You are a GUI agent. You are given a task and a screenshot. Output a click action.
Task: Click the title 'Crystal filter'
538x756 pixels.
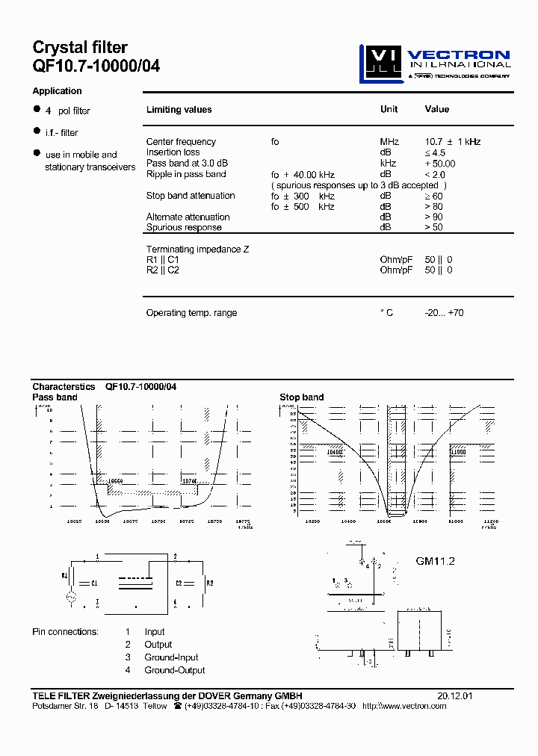coord(80,48)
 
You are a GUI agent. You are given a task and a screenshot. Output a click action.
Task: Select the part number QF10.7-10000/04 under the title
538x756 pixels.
coord(96,66)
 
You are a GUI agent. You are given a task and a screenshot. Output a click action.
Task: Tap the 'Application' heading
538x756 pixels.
coord(57,91)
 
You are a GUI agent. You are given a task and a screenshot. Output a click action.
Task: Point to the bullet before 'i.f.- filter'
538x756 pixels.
coord(36,131)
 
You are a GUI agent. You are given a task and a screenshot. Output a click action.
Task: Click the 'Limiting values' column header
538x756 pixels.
coord(179,110)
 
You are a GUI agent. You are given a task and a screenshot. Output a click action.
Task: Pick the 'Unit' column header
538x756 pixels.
coord(389,109)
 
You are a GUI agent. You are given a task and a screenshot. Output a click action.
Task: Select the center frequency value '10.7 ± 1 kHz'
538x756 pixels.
coord(452,142)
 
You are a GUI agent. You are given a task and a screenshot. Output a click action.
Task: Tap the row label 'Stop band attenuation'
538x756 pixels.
coord(191,196)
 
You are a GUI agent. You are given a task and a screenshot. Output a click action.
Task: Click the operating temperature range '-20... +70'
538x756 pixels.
coord(444,313)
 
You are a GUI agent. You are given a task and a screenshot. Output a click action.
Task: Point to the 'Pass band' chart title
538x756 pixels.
coord(55,397)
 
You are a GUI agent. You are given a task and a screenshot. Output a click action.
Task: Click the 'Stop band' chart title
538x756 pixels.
coord(301,397)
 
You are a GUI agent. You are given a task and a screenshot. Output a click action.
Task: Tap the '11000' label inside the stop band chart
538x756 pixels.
coord(457,452)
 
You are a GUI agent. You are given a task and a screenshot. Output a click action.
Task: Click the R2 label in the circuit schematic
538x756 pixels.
coord(210,582)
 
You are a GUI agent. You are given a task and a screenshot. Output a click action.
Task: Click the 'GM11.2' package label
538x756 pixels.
coord(435,561)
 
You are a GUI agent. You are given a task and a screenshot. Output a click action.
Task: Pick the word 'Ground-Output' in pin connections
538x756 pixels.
coord(175,671)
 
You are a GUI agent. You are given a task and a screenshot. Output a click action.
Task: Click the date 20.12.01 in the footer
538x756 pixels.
coord(455,695)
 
